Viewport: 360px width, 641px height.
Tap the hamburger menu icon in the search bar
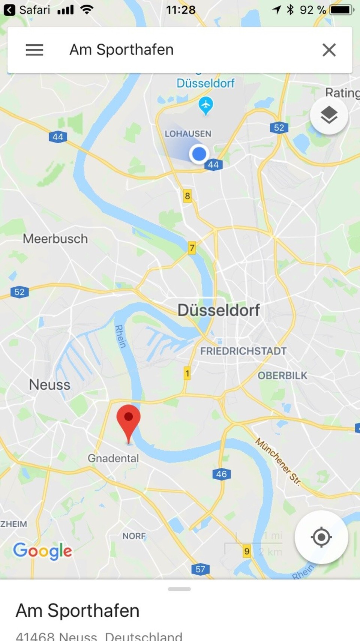pos(34,50)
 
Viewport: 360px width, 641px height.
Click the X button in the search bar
pos(329,50)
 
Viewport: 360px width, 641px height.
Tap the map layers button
pos(329,115)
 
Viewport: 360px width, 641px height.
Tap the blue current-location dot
pos(199,154)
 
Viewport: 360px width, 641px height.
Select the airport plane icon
pos(205,105)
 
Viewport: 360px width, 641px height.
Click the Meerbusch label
pos(55,239)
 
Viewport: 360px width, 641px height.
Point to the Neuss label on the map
pos(49,385)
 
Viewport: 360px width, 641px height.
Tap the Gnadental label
pos(113,458)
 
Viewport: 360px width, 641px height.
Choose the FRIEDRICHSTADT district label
pos(243,351)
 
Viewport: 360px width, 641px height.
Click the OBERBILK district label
pos(282,375)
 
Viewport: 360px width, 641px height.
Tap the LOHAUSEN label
pos(188,134)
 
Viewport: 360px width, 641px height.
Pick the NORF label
pos(134,536)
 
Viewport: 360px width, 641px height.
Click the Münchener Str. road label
pos(278,461)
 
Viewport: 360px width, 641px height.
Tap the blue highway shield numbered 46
pos(221,474)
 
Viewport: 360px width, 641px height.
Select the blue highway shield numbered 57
pos(200,569)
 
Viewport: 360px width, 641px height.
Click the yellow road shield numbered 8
pos(187,196)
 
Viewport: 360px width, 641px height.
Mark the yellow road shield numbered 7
pos(192,248)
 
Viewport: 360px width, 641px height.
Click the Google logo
pos(42,551)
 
